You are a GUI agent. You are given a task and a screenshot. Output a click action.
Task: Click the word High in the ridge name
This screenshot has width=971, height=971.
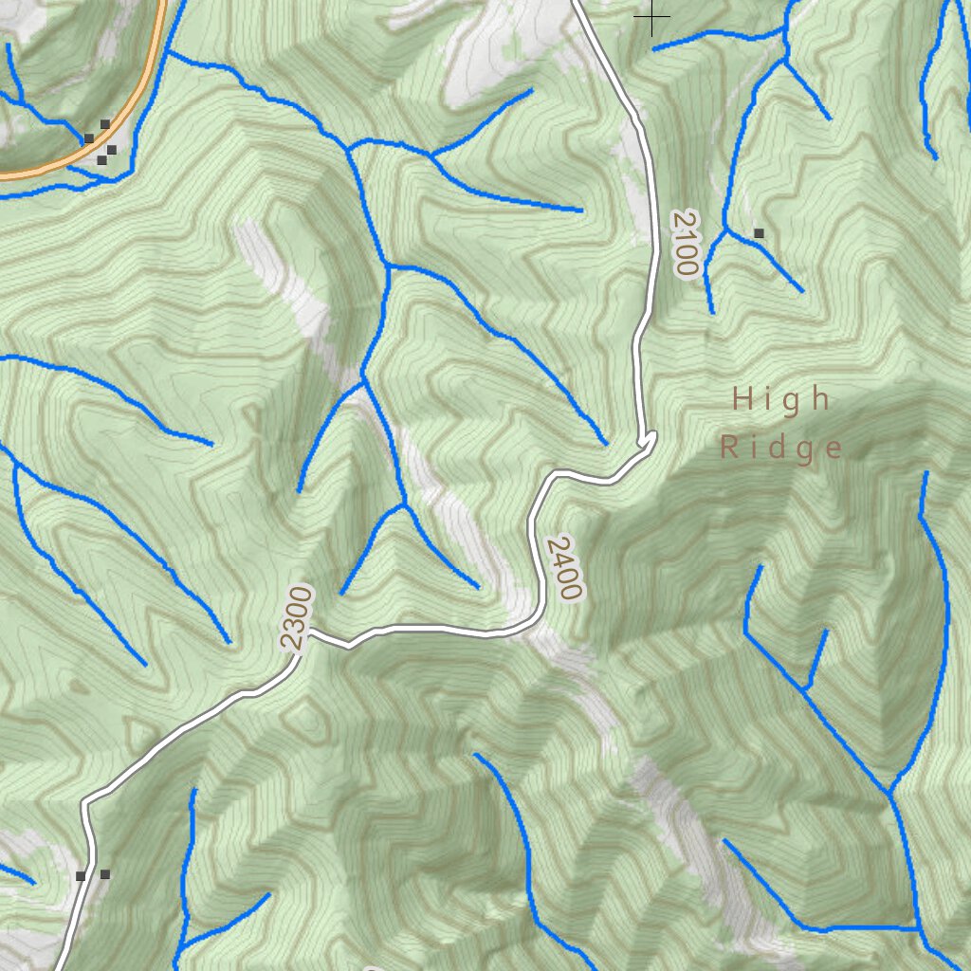(x=781, y=399)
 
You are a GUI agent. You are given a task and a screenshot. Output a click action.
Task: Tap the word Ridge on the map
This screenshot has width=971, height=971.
(x=780, y=448)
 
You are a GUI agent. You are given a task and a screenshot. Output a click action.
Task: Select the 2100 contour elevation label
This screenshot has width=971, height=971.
(x=684, y=243)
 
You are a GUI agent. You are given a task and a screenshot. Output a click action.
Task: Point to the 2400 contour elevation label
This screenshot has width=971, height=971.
(x=562, y=567)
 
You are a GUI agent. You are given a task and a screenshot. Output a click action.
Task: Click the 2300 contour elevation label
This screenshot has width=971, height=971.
(x=296, y=618)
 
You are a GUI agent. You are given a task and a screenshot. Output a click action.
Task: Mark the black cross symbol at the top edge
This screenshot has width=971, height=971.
(x=652, y=16)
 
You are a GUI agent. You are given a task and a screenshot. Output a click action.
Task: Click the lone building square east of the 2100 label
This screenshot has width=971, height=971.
(x=758, y=232)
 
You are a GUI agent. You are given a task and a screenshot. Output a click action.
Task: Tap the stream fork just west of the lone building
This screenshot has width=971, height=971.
(x=724, y=229)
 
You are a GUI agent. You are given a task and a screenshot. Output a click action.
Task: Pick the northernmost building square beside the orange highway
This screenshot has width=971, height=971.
(x=105, y=124)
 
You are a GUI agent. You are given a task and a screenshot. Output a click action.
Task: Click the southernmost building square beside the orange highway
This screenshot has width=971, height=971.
(x=101, y=160)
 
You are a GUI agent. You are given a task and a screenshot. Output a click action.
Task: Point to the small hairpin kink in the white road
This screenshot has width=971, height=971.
(x=650, y=437)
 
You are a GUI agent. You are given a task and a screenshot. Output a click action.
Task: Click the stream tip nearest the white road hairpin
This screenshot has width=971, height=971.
(x=605, y=443)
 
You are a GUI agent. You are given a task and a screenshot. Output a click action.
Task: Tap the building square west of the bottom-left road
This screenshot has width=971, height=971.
(x=82, y=876)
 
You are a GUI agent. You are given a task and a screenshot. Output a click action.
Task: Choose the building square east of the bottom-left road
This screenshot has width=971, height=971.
(x=104, y=873)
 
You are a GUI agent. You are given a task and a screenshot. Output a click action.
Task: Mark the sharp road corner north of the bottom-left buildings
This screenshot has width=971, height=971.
(x=85, y=803)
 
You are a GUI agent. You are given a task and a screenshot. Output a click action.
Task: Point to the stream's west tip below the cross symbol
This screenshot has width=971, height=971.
(x=654, y=49)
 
